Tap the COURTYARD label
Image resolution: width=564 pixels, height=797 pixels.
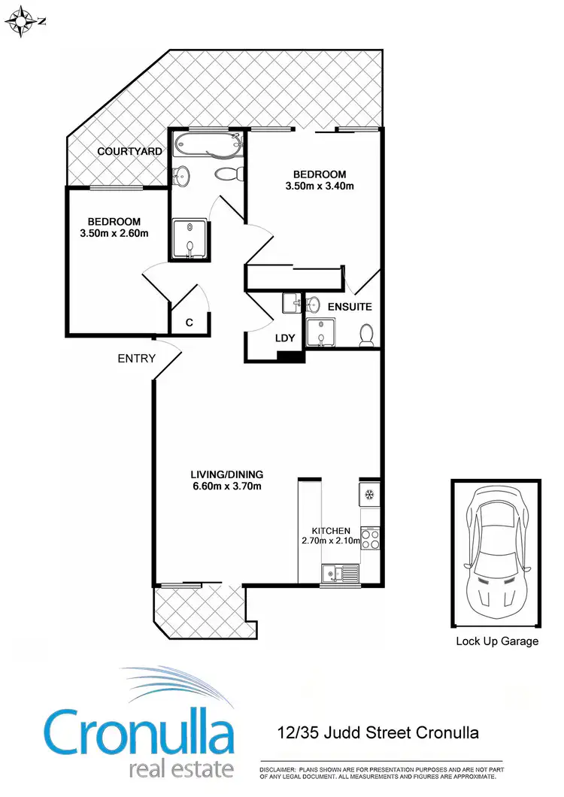129,152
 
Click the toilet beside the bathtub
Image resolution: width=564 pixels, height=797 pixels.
229,174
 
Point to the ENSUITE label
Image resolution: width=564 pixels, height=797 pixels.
349,307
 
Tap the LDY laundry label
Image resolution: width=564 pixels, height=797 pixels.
285,338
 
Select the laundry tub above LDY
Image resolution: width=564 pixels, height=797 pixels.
293,304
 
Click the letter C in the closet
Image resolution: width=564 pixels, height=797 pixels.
190,323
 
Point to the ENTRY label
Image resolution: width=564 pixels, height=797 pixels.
136,359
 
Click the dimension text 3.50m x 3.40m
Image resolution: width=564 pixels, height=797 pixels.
320,186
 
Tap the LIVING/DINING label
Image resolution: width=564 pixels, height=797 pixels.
226,474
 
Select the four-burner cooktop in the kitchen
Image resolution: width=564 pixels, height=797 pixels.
370,539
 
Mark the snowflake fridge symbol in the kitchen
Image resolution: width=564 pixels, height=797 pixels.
369,494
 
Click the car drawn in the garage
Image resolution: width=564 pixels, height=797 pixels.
496,550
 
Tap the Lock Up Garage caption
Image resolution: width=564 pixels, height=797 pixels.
497,641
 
